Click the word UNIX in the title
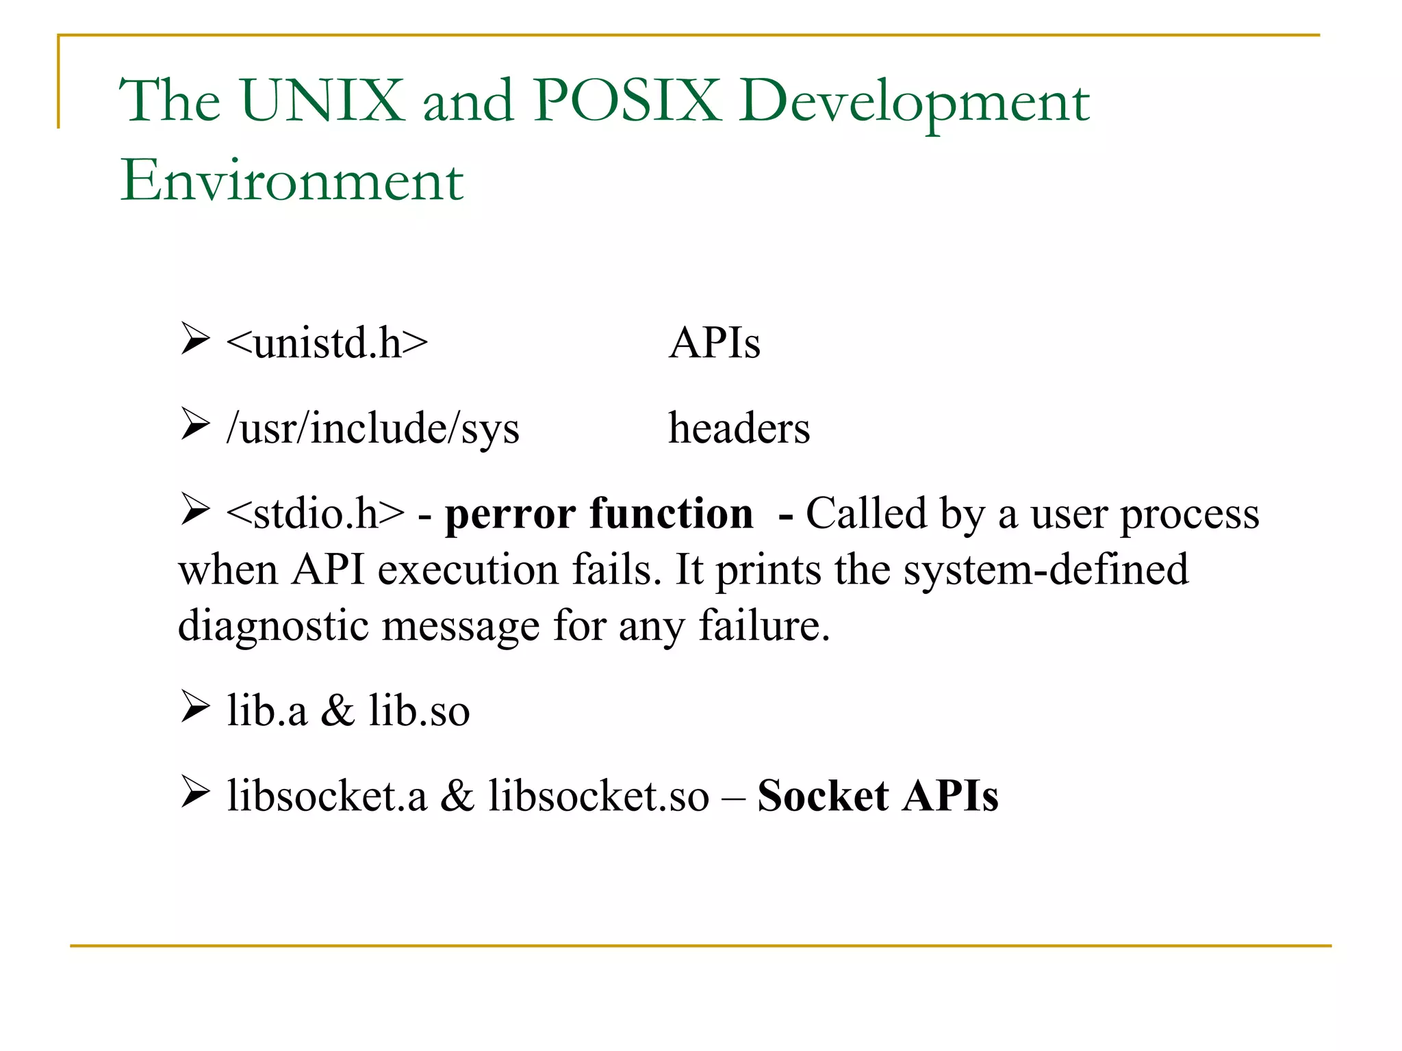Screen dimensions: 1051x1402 click(322, 101)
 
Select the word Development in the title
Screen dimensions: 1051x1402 click(914, 103)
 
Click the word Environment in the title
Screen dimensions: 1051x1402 click(292, 181)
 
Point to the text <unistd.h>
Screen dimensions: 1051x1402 click(327, 343)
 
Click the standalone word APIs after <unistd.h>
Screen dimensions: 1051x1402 click(714, 343)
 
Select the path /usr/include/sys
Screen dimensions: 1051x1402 click(373, 429)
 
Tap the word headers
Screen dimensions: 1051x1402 click(739, 429)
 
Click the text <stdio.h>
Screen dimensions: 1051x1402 click(316, 514)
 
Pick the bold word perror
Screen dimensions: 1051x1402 click(510, 515)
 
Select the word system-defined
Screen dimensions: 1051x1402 click(1045, 570)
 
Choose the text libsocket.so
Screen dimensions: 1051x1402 click(598, 796)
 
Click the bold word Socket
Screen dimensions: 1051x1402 click(823, 796)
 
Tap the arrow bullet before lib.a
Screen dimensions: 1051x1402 click(195, 708)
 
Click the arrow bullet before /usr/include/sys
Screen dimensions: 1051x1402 click(195, 425)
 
